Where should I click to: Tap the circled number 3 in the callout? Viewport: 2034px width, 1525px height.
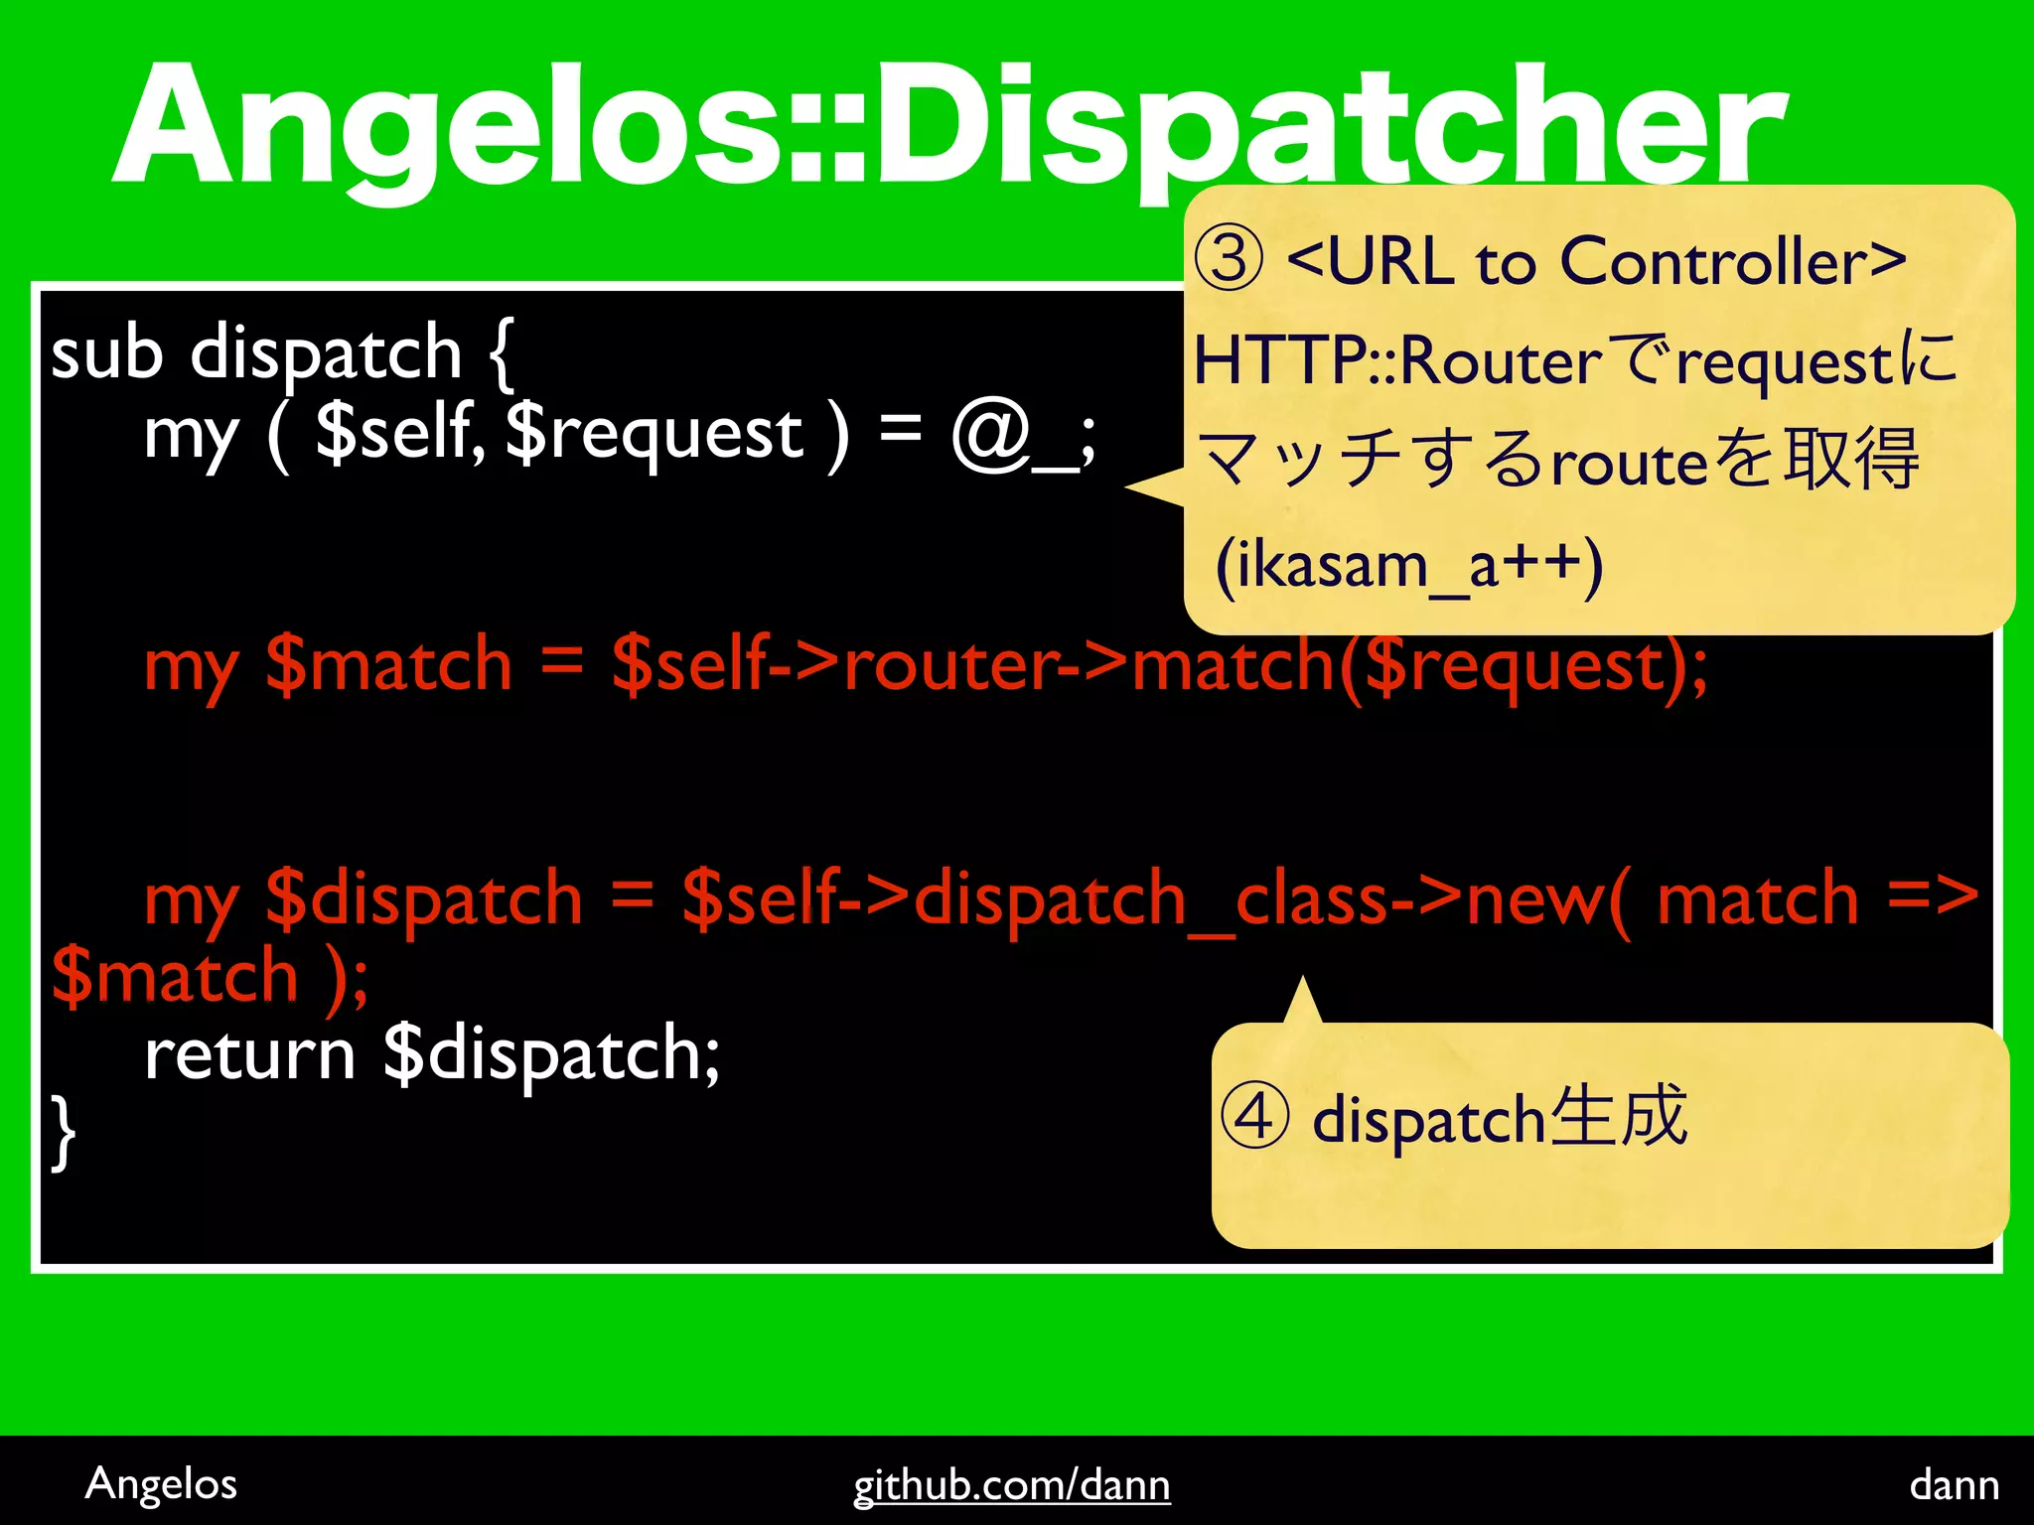pos(1229,260)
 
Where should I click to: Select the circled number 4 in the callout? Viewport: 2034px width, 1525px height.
pos(1254,1116)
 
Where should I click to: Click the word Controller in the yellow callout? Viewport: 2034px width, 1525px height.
pos(1714,262)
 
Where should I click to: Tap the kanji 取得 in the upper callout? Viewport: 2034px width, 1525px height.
pos(1851,460)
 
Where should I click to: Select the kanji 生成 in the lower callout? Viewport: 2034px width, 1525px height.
pos(1618,1116)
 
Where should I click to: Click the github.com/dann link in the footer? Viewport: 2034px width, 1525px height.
pos(1011,1485)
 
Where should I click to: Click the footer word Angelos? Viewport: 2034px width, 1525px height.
pos(161,1484)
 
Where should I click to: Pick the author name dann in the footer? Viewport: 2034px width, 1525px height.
pos(1954,1485)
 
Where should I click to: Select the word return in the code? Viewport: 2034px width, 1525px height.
pos(249,1054)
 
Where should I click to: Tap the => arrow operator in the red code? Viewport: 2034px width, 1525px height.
pos(1933,898)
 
